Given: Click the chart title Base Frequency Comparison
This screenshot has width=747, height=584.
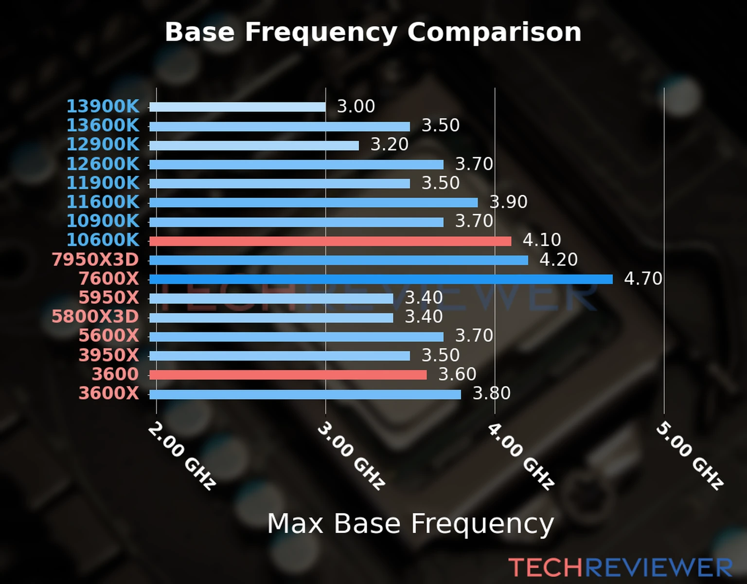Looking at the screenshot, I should point(373,32).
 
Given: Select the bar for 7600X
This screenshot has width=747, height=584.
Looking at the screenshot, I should point(381,279).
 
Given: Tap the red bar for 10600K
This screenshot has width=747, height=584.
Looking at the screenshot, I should point(330,241).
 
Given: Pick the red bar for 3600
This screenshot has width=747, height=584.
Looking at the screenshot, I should point(288,375).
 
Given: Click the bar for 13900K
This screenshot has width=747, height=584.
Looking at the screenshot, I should point(237,107).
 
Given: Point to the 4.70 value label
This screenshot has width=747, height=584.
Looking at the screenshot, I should point(643,279).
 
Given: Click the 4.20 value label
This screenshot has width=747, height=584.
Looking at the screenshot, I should point(558,260).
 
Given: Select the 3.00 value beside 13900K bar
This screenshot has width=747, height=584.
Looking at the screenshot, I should point(356,107).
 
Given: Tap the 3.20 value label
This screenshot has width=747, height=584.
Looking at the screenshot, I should point(390,145).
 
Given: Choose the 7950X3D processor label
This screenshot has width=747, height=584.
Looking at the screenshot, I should point(95,260).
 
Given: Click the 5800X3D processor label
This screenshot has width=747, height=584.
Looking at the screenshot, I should point(95,317).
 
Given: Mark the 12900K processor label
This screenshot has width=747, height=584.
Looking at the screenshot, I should point(103,145).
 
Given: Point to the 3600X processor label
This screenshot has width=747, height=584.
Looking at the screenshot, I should point(109,393).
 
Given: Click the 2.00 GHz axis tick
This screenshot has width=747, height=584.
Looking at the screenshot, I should point(181,456).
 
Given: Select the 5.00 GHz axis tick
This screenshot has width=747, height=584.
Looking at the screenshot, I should point(690,456).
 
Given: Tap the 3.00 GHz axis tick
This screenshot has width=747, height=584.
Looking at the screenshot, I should point(351,456).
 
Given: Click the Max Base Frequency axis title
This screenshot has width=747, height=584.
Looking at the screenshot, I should point(410,524).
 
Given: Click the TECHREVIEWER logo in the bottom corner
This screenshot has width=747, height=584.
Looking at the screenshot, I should point(620,567).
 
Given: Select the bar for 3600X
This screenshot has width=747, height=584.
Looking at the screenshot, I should point(305,394).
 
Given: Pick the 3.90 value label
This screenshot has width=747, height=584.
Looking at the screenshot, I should point(508,202).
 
